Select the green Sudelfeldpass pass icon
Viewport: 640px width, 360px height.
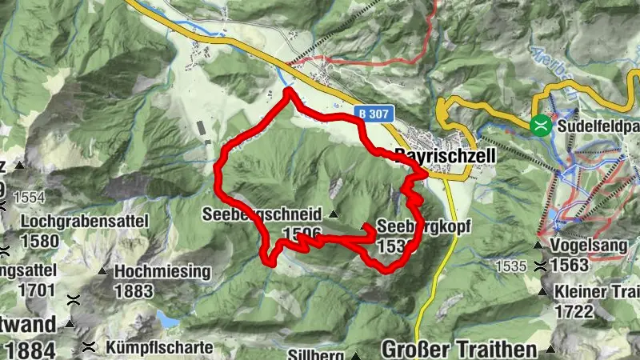click(x=542, y=124)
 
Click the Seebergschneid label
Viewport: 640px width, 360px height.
click(x=262, y=214)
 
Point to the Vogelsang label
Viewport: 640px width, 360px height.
click(x=585, y=246)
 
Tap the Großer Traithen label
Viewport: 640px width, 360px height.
click(x=458, y=349)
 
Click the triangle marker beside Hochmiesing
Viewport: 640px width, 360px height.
click(x=102, y=271)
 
